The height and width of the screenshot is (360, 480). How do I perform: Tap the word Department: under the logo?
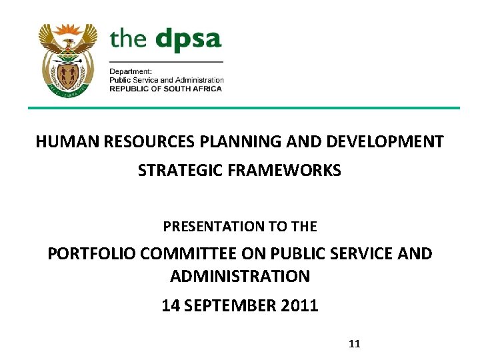point(131,71)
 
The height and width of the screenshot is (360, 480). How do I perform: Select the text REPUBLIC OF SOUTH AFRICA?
point(167,89)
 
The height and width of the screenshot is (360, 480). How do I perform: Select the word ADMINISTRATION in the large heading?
point(240,275)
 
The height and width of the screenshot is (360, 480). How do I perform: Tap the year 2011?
point(299,306)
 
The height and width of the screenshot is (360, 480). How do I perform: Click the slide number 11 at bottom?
point(354,344)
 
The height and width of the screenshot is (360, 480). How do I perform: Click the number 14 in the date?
point(170,306)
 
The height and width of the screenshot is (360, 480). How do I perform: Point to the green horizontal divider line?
point(243,108)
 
